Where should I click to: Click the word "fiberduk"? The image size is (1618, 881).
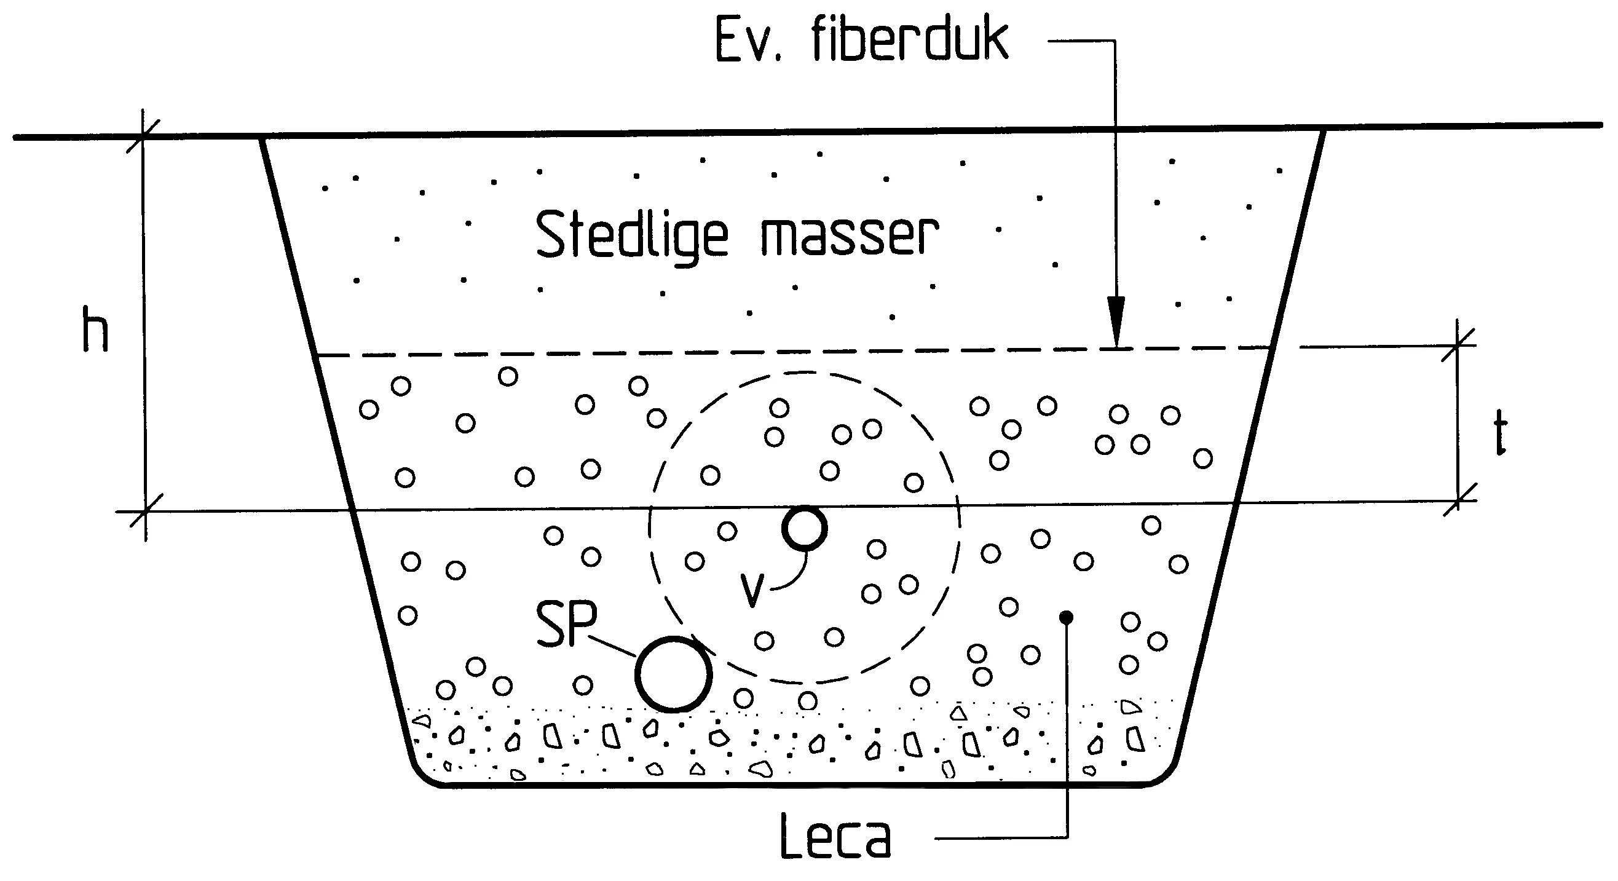pyautogui.click(x=910, y=39)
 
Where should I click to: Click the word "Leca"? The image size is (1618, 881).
pyautogui.click(x=835, y=835)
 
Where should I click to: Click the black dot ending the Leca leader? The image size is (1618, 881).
pyautogui.click(x=1066, y=618)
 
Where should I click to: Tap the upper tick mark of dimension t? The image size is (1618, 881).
pyautogui.click(x=1458, y=346)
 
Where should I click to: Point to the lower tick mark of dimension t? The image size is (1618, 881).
pyautogui.click(x=1458, y=500)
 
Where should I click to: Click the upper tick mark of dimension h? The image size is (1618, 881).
pyautogui.click(x=143, y=136)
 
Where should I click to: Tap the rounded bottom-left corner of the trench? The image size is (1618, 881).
pyautogui.click(x=422, y=775)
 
